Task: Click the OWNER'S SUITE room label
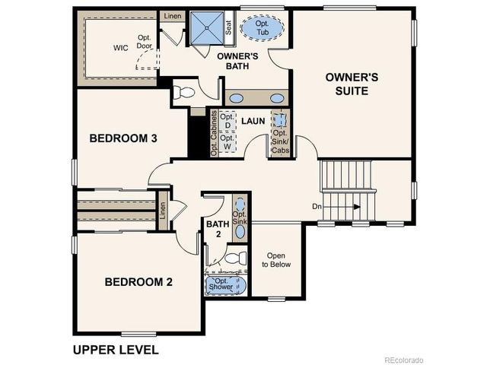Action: tap(346, 84)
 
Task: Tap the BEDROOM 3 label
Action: tap(123, 138)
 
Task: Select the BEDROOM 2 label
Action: tap(138, 282)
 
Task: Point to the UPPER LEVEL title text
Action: tap(115, 350)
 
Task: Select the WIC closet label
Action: tap(120, 48)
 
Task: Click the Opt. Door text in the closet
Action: tap(145, 42)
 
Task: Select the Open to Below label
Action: tap(276, 260)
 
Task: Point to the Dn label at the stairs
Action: tap(317, 206)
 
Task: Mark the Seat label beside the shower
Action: tap(228, 27)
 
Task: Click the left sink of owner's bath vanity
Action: tap(236, 99)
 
